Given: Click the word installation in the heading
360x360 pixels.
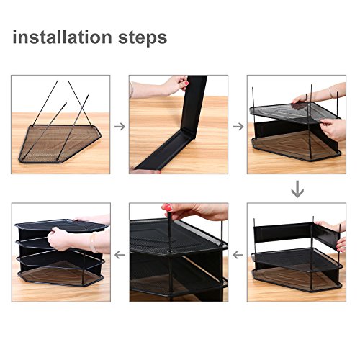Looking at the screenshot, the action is coord(63,37).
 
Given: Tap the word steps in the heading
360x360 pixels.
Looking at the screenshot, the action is coord(143,38).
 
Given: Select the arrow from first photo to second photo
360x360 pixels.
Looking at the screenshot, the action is coord(120,127).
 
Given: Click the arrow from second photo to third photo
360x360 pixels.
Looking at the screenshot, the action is coord(238,127).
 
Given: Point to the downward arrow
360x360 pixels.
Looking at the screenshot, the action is coord(297,189).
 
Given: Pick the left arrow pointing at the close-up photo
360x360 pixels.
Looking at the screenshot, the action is coord(238,255).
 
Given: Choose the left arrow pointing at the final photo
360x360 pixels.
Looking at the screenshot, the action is coord(120,255).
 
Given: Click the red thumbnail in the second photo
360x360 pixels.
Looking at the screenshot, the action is coord(186,84).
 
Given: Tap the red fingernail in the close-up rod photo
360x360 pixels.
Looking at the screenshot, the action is coord(168,207).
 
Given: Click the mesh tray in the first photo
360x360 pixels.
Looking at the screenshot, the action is coord(60,143).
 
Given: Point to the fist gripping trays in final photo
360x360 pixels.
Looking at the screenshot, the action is coord(60,239).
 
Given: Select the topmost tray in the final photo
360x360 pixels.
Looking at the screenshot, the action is coord(61,225).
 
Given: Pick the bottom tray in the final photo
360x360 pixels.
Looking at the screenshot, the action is coord(61,276).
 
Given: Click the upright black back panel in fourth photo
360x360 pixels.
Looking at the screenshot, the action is coord(283,233).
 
